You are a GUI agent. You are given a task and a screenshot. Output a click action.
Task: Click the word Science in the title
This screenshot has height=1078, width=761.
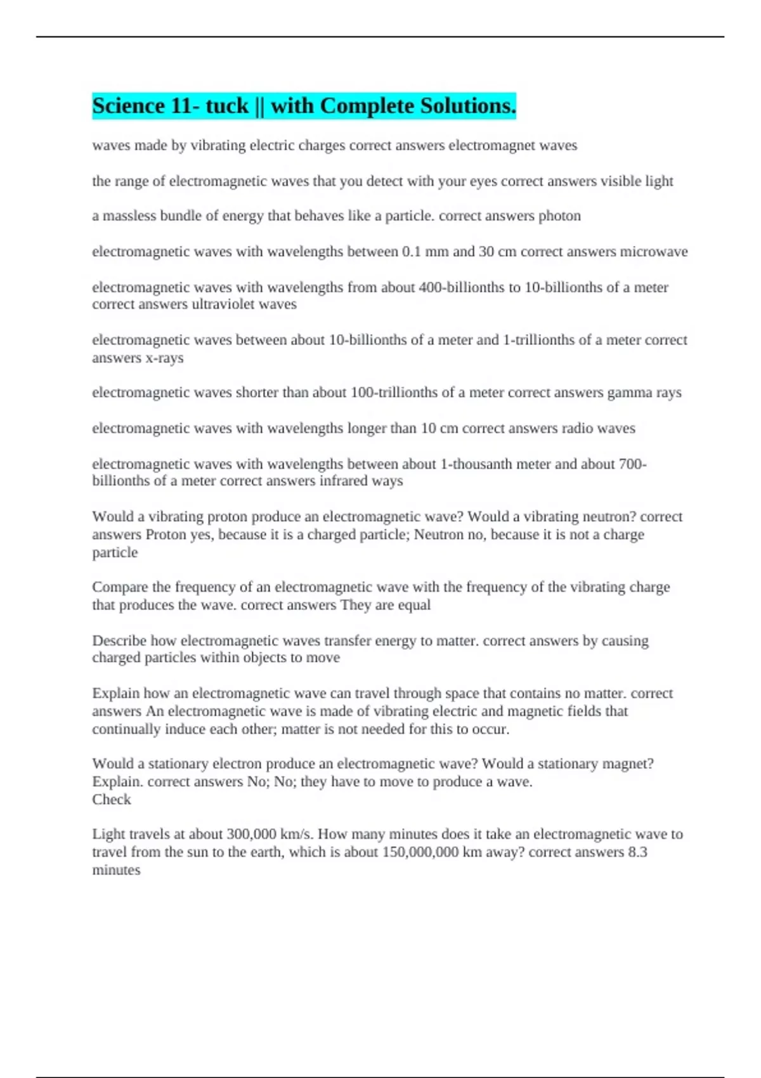[x=129, y=106]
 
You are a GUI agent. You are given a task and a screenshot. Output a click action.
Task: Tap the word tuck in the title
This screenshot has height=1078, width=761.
[x=227, y=106]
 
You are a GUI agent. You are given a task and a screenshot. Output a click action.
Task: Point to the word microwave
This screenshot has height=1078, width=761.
[x=653, y=252]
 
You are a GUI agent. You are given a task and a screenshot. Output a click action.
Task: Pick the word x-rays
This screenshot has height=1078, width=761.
[x=164, y=358]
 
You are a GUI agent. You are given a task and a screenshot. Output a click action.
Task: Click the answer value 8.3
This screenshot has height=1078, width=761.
[x=637, y=852]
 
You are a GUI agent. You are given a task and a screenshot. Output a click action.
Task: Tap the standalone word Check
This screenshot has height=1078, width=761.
[x=112, y=800]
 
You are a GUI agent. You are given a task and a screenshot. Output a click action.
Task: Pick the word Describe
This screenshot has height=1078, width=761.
[x=119, y=640]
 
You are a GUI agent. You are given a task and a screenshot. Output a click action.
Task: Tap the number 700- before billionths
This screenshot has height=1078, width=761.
[x=632, y=464]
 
